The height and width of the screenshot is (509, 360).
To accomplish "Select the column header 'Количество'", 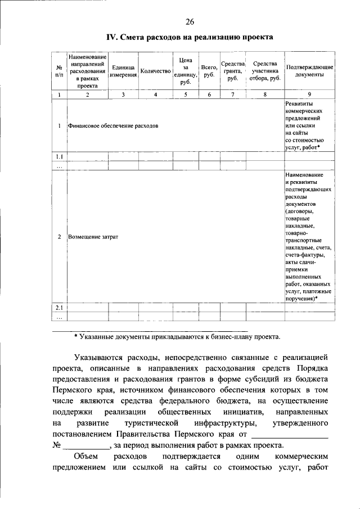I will tap(156, 71).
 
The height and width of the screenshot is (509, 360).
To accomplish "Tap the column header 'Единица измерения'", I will tap(123, 71).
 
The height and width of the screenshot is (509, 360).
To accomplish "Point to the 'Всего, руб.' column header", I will tap(209, 71).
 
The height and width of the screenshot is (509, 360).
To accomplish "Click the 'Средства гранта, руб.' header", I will tap(232, 71).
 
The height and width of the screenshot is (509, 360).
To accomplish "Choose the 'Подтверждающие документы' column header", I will tap(309, 71).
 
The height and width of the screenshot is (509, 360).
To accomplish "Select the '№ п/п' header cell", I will tap(59, 71).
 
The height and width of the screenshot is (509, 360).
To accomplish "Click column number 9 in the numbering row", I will tap(309, 94).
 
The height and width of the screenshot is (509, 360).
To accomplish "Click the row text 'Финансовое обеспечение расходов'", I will tap(113, 125).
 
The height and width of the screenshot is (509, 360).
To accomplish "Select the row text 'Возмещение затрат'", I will tap(93, 237).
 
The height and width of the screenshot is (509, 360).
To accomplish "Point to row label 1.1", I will tap(59, 156).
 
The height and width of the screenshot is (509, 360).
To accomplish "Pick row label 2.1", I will tap(59, 308).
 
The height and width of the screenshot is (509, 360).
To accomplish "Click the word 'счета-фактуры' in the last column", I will tap(305, 255).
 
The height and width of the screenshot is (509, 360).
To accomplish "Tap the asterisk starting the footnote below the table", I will tap(76, 337).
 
